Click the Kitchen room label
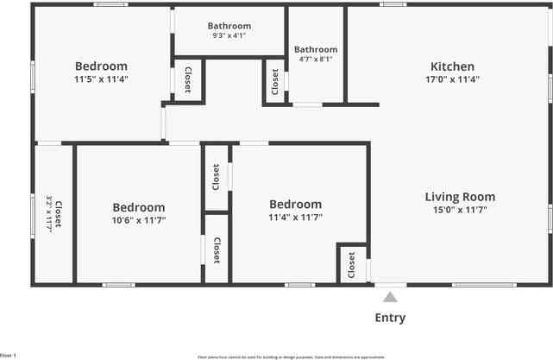click(453, 66)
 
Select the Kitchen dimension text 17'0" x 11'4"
click(453, 79)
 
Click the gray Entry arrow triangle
click(390, 297)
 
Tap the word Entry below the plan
click(390, 318)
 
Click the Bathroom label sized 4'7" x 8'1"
click(316, 50)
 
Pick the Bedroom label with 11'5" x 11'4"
click(101, 66)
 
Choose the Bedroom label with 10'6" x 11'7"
click(138, 207)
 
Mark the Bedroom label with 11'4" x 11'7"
click(295, 205)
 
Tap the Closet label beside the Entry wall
click(352, 265)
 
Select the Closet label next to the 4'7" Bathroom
click(275, 82)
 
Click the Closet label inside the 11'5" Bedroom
click(188, 79)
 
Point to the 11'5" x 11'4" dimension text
click(101, 79)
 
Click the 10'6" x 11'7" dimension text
click(138, 220)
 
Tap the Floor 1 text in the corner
click(8, 355)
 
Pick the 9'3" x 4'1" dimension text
click(229, 36)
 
